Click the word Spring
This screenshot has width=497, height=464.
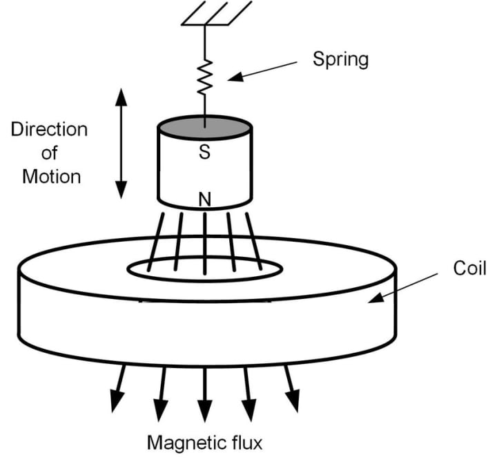340,59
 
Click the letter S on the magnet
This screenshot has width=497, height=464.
204,153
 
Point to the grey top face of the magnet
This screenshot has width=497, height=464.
204,128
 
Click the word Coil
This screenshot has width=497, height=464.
469,269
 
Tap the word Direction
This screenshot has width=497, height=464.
49,129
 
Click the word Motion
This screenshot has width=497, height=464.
51,176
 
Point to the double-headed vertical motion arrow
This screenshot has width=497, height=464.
121,144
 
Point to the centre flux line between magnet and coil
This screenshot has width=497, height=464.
205,238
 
